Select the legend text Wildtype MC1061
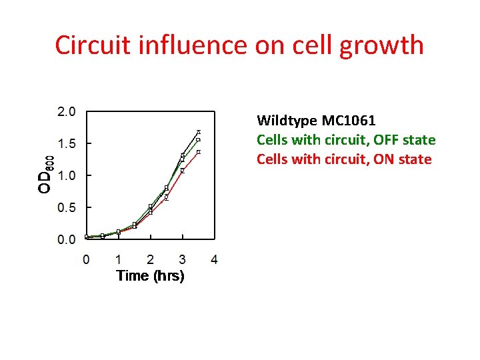tap(316, 121)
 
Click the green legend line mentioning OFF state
tap(346, 140)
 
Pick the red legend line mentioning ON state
tap(344, 159)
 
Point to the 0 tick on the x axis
tap(86, 259)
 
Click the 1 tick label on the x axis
tap(118, 259)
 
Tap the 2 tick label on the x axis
tap(150, 259)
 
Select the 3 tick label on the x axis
tap(182, 259)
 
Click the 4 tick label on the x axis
tap(214, 259)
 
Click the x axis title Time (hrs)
tap(150, 275)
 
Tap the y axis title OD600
tap(45, 175)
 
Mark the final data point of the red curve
tap(199, 152)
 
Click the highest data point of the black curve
tap(199, 132)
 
